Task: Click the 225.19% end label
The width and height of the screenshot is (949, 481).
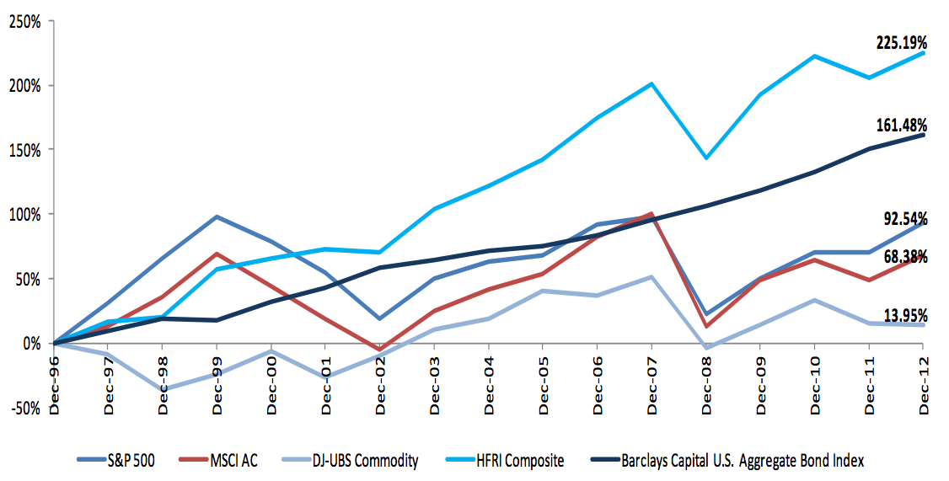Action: (901, 41)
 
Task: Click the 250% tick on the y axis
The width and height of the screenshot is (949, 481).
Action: (24, 21)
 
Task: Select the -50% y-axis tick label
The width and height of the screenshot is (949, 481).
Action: (24, 408)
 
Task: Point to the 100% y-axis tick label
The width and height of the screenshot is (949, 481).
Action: (24, 215)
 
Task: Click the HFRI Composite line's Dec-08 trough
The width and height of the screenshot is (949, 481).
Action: (706, 158)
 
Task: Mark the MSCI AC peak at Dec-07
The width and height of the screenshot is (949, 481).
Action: (651, 213)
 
